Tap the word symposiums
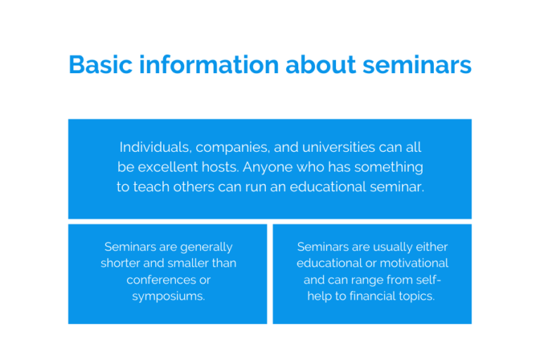[x=169, y=296]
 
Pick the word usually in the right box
[x=385, y=247]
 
